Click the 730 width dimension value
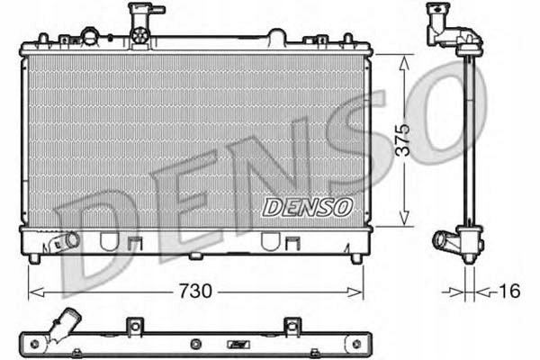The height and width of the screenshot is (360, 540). coord(195,292)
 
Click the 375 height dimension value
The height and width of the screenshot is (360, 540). coord(402,139)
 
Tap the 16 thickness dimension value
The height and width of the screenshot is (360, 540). coord(509,291)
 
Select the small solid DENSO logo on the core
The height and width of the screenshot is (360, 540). coord(308,207)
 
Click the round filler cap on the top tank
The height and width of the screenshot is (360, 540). coord(90,35)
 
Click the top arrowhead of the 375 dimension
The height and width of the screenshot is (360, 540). coord(404,63)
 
